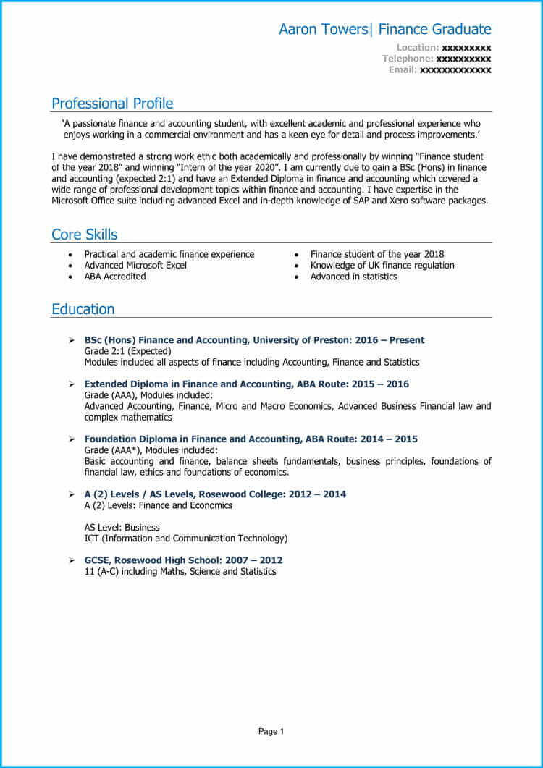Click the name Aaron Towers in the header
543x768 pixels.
[x=324, y=30]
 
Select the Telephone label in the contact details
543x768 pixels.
[x=408, y=59]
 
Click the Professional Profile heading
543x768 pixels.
[x=112, y=104]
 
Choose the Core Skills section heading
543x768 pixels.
[x=84, y=235]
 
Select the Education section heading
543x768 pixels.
[x=83, y=309]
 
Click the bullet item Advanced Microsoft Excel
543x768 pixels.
[x=135, y=266]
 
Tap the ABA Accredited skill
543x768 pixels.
[x=114, y=277]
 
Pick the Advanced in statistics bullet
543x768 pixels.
[x=353, y=277]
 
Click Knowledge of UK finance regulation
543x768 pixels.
[x=382, y=266]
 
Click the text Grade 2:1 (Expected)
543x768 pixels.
[x=127, y=351]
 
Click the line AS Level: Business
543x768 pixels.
[x=122, y=528]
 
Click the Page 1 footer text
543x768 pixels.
[x=271, y=732]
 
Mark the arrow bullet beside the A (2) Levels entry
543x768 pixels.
[x=71, y=494]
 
